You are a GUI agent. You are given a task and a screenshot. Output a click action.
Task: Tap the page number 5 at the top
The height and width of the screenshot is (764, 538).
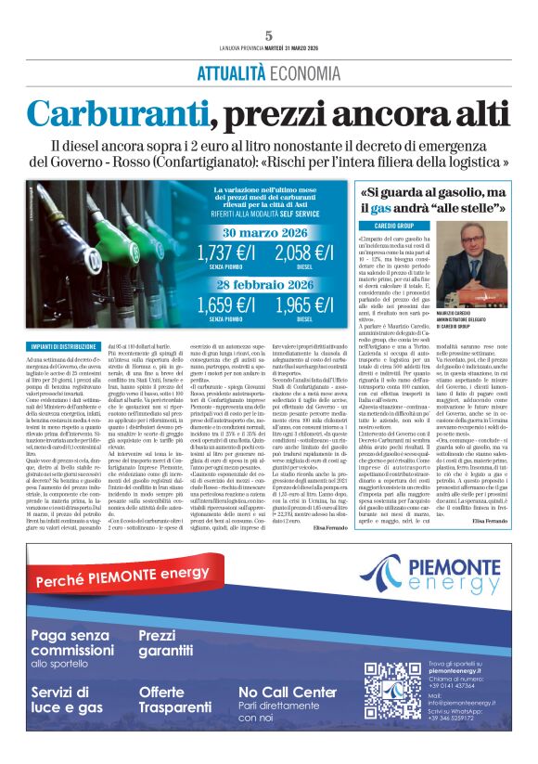tap(269, 35)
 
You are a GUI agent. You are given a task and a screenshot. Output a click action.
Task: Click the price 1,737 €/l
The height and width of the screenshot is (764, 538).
tap(228, 252)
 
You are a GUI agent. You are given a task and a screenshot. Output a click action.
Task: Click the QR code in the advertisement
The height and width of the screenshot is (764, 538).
tap(394, 688)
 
